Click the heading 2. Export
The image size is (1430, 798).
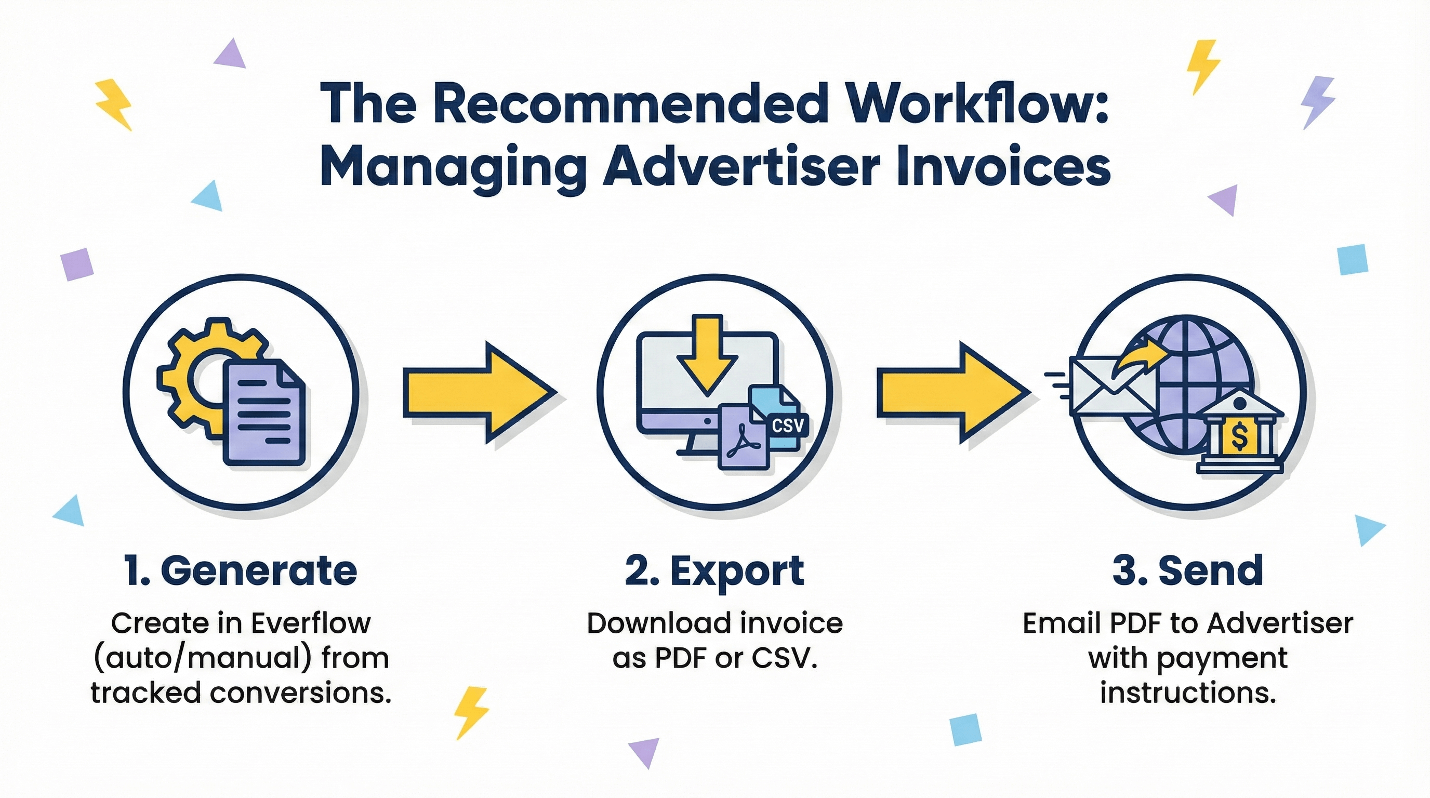point(714,571)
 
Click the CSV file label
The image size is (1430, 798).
point(788,425)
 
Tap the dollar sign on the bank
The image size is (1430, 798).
point(1238,435)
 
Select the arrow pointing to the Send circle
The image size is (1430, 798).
point(952,392)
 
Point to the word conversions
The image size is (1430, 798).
point(297,693)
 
